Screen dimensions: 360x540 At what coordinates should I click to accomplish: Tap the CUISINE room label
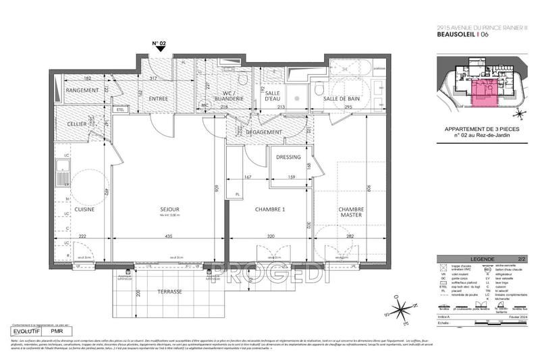(x=84, y=209)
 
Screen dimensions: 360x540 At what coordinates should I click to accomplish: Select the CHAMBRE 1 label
(x=270, y=209)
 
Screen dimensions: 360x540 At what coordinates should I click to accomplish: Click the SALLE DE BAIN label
(x=340, y=99)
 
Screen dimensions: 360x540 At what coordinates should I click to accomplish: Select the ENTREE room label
(x=159, y=99)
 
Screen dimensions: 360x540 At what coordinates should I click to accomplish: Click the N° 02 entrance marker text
(x=159, y=43)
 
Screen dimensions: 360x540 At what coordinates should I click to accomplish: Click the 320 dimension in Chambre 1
(x=270, y=237)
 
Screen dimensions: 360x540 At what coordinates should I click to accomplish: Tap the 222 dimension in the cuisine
(x=81, y=237)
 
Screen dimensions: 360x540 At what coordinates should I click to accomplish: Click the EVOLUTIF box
(x=27, y=332)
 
